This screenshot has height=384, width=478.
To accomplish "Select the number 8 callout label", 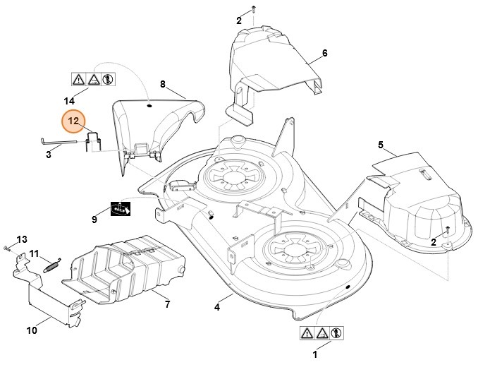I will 163,84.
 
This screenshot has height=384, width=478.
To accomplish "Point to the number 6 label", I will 324,54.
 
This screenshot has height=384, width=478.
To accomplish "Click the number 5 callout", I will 381,145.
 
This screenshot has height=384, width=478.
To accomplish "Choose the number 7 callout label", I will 167,304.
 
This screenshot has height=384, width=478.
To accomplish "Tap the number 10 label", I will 32,329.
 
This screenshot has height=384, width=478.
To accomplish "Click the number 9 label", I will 94,220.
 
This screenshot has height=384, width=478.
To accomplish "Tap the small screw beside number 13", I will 6,248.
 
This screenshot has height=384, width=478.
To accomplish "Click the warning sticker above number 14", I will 92,79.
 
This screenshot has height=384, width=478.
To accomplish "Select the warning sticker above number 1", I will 321,332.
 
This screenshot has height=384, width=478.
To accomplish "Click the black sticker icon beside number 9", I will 121,210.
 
